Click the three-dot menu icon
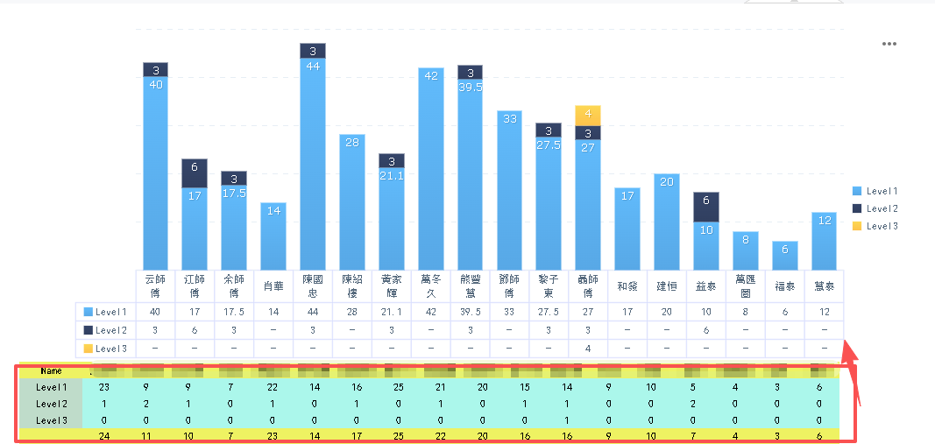889,44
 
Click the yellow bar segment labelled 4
588,115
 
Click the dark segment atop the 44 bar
313,51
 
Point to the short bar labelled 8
746,250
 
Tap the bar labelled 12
825,242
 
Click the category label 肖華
273,285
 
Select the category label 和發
627,285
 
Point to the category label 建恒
667,285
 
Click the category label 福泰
785,285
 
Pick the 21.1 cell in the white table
392,312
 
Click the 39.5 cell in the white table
470,312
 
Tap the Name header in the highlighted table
51,370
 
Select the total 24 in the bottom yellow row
104,434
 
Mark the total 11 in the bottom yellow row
145,434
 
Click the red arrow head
849,354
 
